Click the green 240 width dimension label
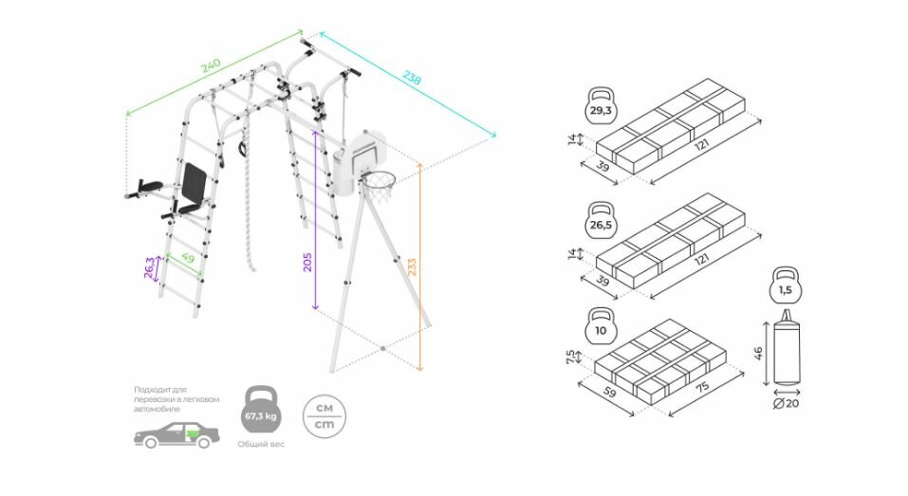coord(210,66)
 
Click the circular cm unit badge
coord(324,414)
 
